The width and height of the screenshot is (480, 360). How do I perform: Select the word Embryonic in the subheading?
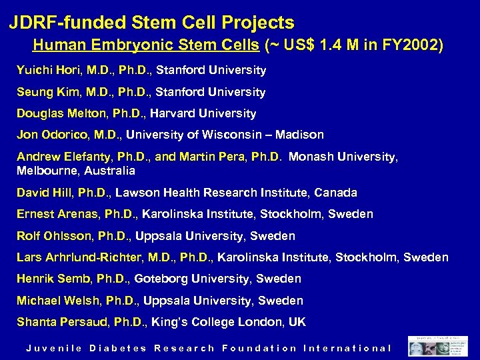[x=123, y=46]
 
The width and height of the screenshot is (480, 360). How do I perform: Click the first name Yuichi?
[x=33, y=70]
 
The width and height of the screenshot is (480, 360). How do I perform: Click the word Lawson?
[x=139, y=193]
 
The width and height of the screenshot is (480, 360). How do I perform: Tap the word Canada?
[x=336, y=193]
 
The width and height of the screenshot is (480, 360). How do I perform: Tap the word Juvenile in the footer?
[x=53, y=348]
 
